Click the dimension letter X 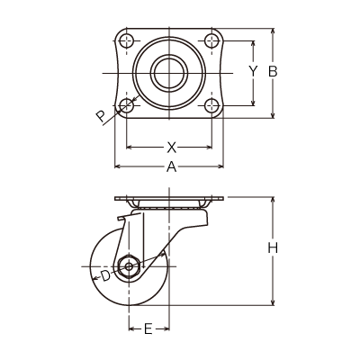pos(171,148)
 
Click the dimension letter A pos(171,166)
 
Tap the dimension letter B pos(273,72)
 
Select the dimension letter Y pos(254,71)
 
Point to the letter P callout pos(101,115)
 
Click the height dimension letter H pos(273,248)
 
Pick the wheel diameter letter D pos(105,275)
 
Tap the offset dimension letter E pos(148,329)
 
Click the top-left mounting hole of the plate pos(127,40)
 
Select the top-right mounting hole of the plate pos(211,40)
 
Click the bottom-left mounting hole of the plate pos(127,105)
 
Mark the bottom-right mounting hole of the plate pos(211,105)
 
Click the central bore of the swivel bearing pos(169,73)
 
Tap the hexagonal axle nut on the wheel pos(129,266)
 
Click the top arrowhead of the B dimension pos(273,31)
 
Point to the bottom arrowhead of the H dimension pos(273,302)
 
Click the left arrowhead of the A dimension pos(118,166)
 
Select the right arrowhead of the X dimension pos(209,147)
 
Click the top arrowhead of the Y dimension pos(254,44)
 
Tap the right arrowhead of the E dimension pos(166,329)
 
